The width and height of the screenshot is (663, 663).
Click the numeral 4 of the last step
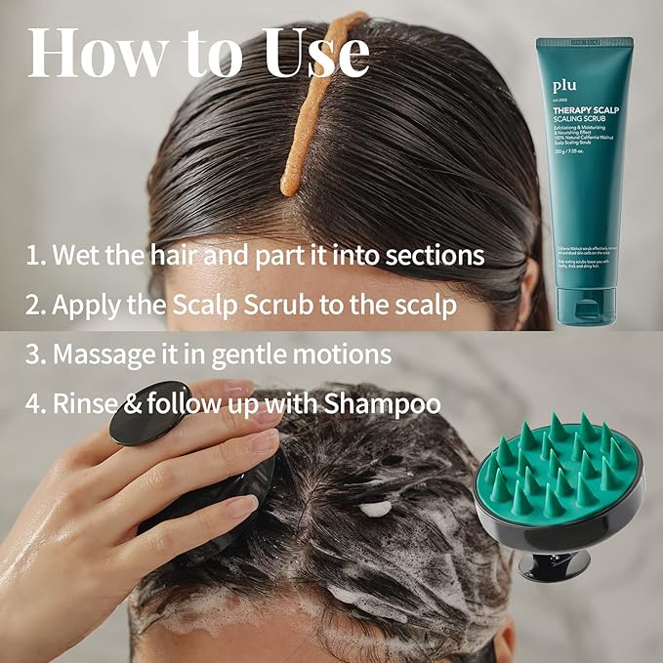(x=33, y=402)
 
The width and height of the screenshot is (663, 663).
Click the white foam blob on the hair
(x=377, y=509)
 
